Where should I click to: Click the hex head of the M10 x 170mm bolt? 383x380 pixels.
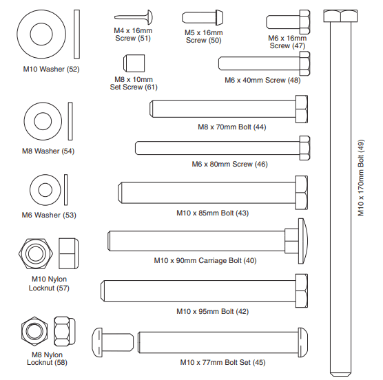tap(340, 16)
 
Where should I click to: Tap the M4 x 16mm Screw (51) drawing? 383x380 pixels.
tap(134, 17)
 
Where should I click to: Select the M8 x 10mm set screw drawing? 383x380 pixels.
tap(134, 63)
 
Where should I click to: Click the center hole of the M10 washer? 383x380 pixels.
tap(41, 34)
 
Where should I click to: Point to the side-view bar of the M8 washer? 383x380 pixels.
tap(70, 121)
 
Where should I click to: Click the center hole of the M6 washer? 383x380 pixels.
tap(45, 190)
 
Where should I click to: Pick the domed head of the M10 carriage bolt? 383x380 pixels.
tap(303, 241)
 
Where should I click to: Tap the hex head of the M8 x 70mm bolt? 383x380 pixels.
tap(302, 109)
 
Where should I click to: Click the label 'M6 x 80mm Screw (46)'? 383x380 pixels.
tap(229, 164)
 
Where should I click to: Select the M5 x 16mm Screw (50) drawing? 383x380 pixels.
tap(203, 18)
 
